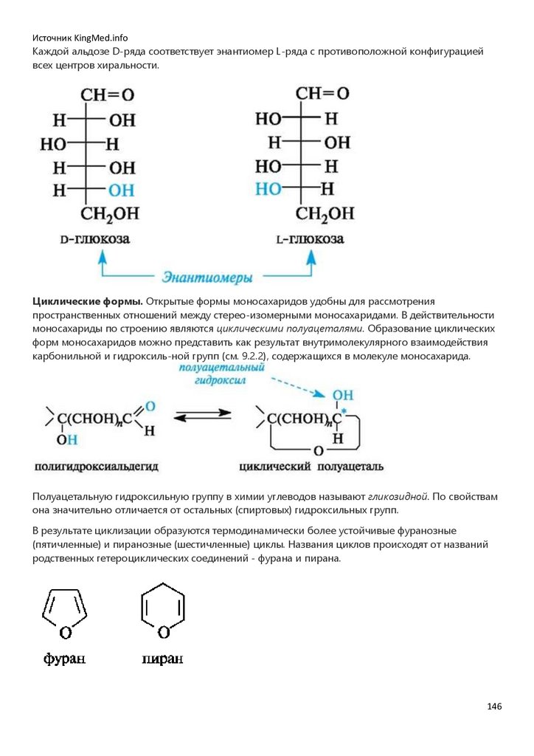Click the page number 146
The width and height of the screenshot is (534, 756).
[494, 707]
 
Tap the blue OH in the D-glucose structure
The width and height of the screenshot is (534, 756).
[122, 190]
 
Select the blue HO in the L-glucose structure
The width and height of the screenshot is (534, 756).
[268, 189]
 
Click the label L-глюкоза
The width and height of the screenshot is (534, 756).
[308, 241]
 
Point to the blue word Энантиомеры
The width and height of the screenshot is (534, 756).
[207, 278]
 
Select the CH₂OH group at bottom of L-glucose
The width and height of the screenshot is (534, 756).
[325, 214]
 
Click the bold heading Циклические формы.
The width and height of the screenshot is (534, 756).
[87, 302]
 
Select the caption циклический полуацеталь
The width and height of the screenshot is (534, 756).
[311, 467]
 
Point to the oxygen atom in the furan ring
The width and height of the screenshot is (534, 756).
[65, 632]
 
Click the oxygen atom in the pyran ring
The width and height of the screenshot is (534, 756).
[163, 632]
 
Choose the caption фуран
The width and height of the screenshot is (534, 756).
[64, 659]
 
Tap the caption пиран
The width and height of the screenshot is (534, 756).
[162, 659]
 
